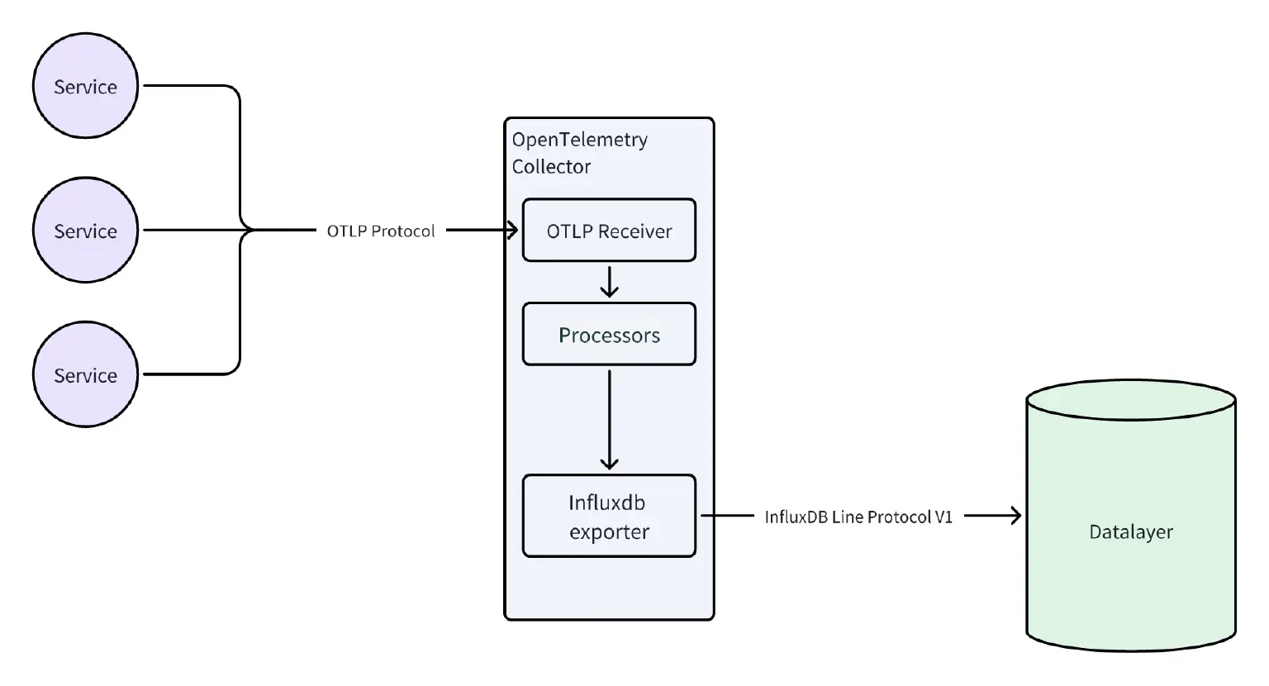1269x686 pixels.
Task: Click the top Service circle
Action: point(85,86)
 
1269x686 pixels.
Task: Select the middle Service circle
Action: point(85,231)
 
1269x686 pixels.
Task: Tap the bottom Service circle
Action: point(85,374)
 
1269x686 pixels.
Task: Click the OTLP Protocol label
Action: point(381,231)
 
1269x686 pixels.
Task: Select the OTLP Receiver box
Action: point(609,231)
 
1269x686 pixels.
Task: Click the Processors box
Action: point(609,335)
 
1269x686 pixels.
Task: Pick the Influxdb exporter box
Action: point(609,517)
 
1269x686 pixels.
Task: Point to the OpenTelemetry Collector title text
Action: point(579,152)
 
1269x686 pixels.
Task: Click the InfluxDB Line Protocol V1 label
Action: point(858,517)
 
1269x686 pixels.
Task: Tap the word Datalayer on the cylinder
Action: point(1130,532)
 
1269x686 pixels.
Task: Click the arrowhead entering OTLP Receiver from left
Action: point(512,231)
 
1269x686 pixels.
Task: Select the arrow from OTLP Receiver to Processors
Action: point(609,282)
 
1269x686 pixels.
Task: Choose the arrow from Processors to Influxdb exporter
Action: point(609,420)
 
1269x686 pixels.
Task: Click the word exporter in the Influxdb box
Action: point(609,532)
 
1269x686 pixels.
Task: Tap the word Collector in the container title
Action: point(551,167)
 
